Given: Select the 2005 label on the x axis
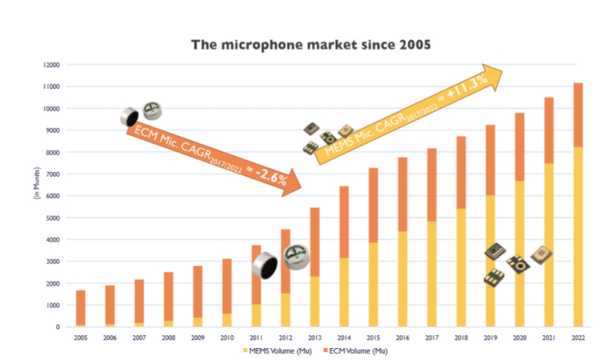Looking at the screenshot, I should point(80,338).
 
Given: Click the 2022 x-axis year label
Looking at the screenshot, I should point(578,338).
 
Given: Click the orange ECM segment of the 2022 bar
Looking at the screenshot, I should point(578,115).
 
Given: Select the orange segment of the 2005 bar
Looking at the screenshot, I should point(80,307).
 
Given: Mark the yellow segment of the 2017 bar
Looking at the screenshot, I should point(432,274).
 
